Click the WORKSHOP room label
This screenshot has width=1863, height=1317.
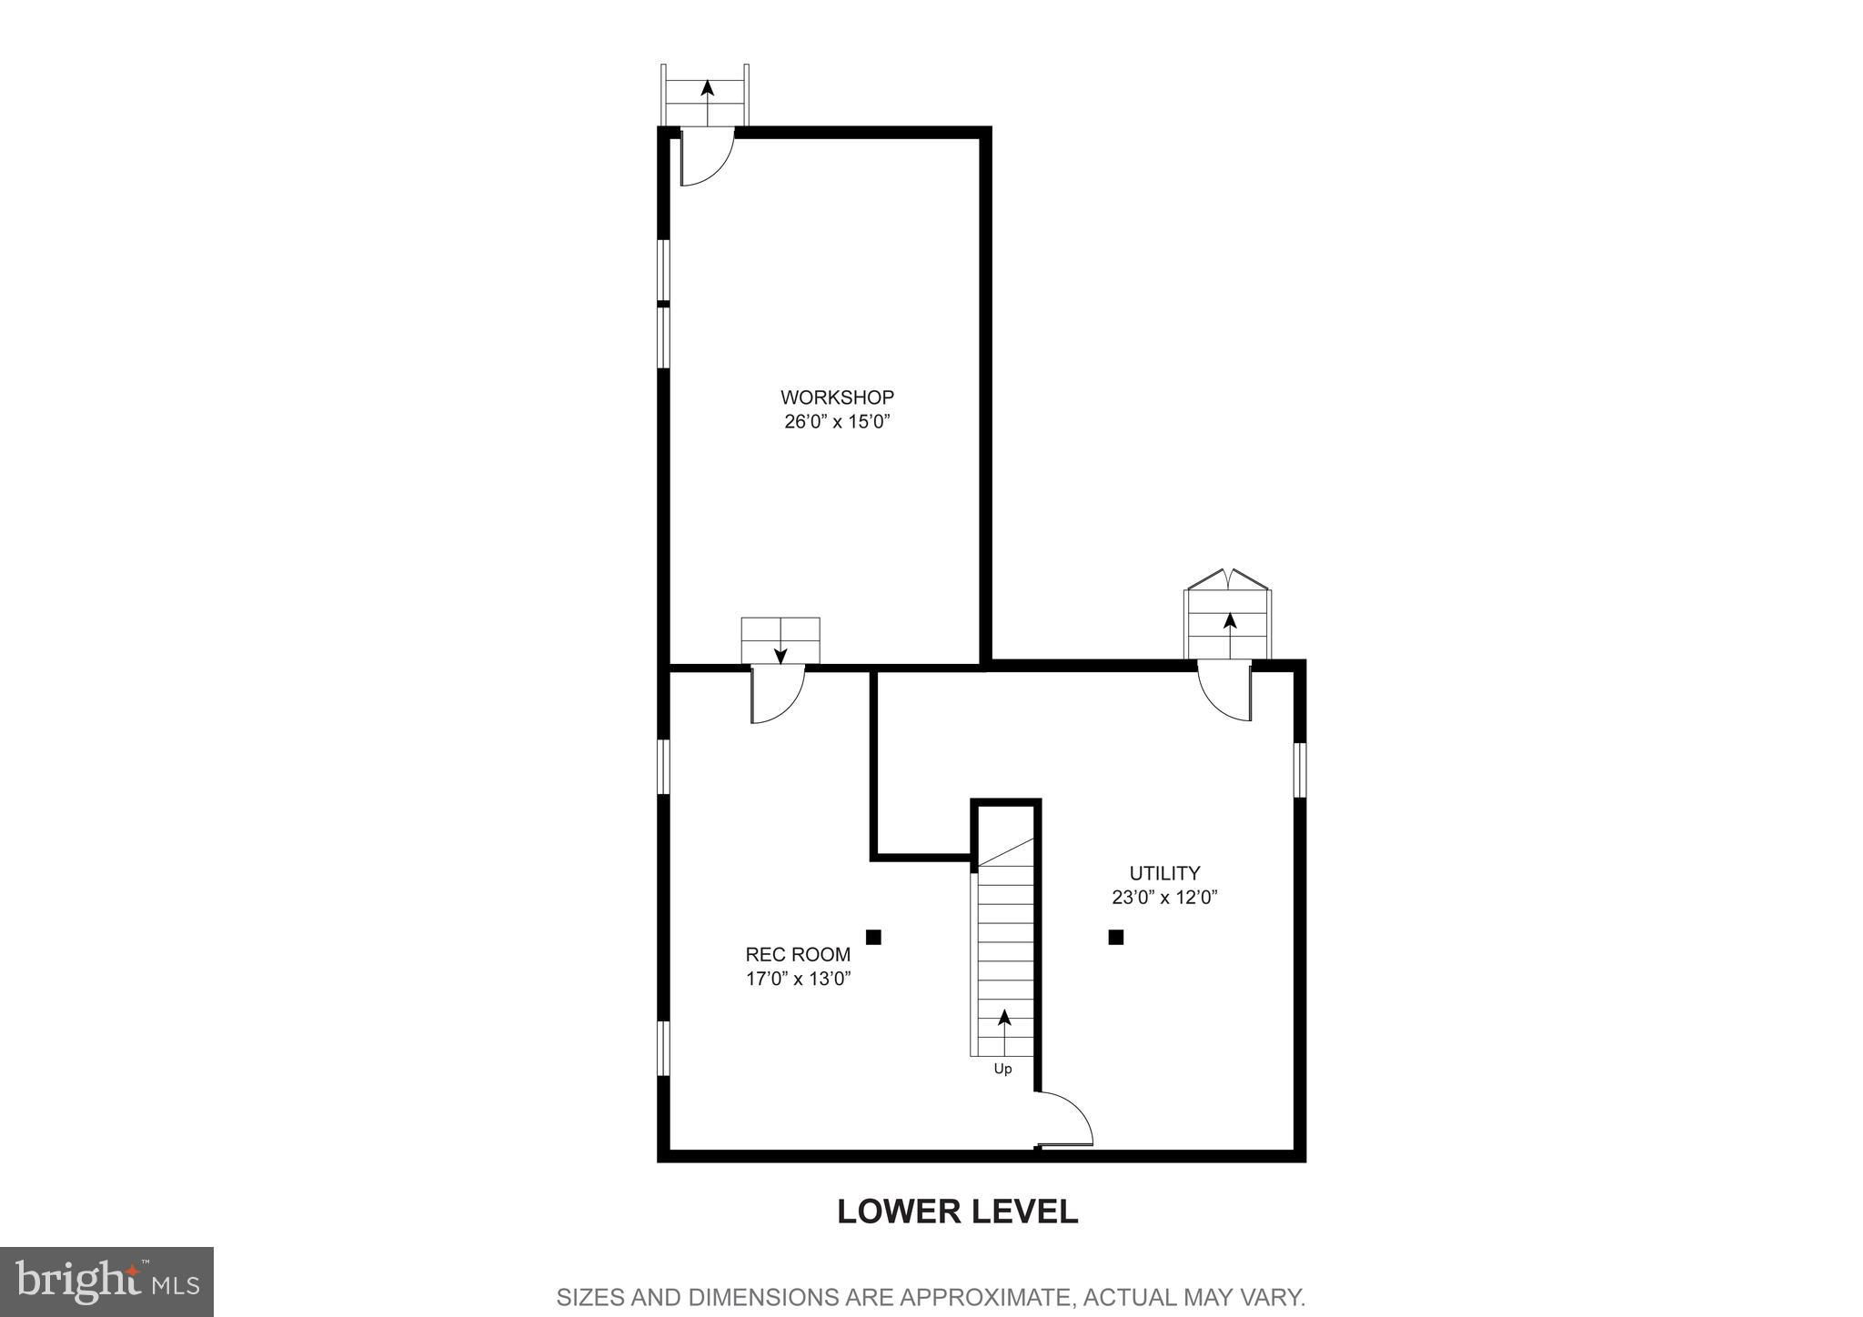(837, 397)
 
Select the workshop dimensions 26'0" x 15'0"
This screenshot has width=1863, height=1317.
(836, 422)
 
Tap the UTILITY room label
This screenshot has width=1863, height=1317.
(1164, 873)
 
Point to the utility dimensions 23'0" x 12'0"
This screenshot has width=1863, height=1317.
(1164, 898)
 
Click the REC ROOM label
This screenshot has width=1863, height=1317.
(798, 954)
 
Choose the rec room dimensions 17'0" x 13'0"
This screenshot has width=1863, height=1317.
(798, 979)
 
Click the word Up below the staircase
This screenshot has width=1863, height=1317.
(1002, 1070)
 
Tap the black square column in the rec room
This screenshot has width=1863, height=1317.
(873, 937)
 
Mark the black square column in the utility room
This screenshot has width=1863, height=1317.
(1116, 937)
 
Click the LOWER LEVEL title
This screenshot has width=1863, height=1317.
(957, 1211)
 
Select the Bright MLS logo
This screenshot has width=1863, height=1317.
(107, 1282)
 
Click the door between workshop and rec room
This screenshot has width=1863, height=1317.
(778, 695)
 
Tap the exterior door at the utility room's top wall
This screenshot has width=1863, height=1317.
(1224, 691)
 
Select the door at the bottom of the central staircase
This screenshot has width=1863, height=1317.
(1064, 1119)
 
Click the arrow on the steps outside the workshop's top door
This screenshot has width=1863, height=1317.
(707, 103)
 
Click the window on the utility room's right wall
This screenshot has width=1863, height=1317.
(1300, 770)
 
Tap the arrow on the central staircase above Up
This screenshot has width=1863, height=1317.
(1003, 1031)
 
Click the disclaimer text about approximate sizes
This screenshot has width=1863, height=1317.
(931, 1296)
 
